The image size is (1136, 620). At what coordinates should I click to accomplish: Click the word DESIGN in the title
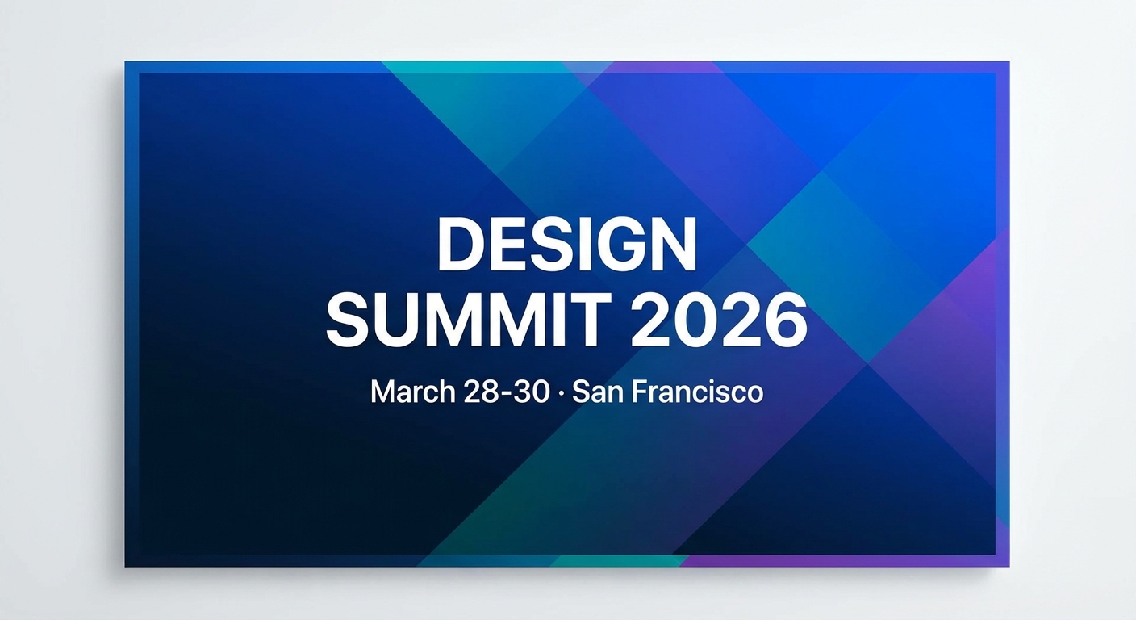567,245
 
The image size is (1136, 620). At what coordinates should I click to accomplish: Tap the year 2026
718,320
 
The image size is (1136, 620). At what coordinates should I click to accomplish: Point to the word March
413,392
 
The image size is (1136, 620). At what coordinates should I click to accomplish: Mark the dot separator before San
561,393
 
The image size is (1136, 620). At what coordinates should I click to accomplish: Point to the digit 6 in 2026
786,320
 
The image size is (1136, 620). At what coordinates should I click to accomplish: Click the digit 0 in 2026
696,320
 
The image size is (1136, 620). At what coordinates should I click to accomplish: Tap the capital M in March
384,392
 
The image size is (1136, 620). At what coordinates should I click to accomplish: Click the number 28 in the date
480,392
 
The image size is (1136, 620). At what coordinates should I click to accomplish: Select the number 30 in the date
530,392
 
